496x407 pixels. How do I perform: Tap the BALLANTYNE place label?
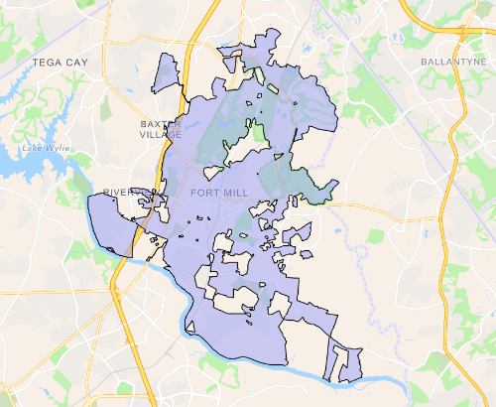point(450,62)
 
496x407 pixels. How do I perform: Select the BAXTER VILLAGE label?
point(160,127)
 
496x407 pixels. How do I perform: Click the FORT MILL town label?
point(215,192)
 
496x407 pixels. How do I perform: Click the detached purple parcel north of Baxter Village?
point(165,74)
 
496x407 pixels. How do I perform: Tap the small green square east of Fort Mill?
point(375,236)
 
